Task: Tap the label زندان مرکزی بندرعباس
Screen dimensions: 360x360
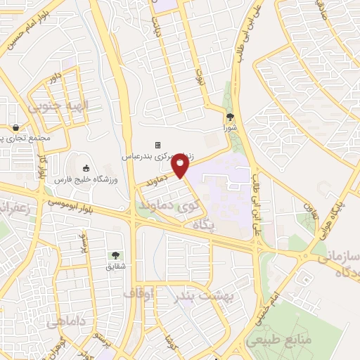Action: coord(159,155)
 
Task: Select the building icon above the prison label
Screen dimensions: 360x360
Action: coord(158,145)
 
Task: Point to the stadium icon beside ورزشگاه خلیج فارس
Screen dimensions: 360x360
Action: coord(86,168)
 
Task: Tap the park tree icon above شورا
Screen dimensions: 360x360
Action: coord(229,117)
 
